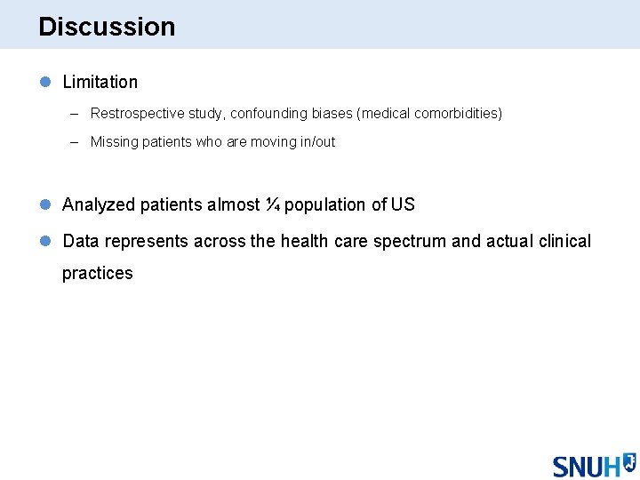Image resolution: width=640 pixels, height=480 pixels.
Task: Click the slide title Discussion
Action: pos(107,27)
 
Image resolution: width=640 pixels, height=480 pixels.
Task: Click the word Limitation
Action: pos(100,82)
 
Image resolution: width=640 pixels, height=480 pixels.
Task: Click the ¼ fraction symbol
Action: pos(274,205)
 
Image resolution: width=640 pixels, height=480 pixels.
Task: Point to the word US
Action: pos(403,205)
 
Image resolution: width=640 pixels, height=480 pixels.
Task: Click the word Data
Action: pos(81,242)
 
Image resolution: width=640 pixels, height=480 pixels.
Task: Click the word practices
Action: pos(97,274)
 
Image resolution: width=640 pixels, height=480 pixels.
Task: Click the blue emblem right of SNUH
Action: pos(628,461)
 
